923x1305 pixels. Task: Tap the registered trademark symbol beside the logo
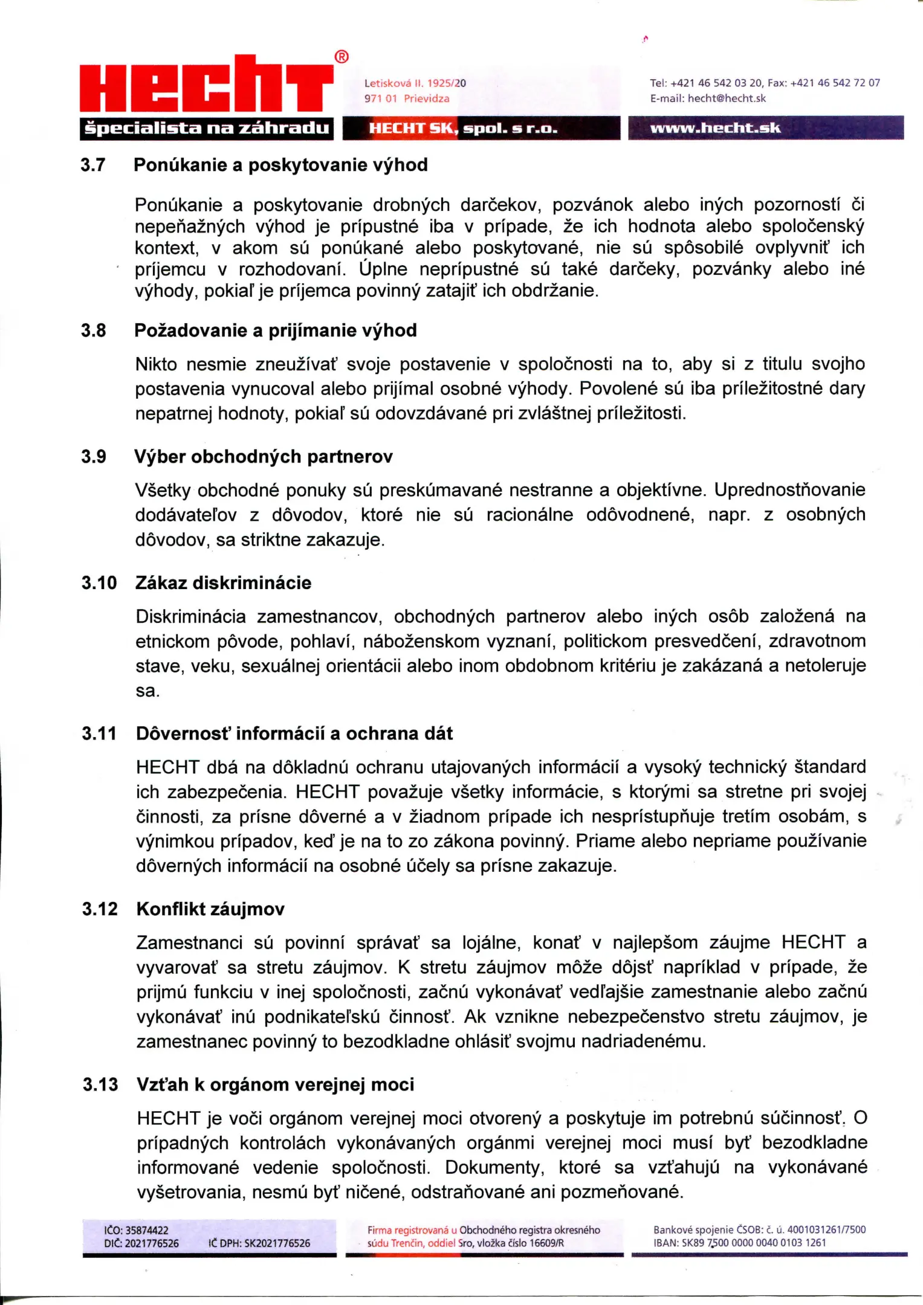(342, 57)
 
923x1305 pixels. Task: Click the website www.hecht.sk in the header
(715, 127)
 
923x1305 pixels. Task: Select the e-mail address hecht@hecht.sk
(727, 98)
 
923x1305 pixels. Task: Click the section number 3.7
(93, 165)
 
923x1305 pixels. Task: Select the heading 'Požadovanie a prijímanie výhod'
(275, 330)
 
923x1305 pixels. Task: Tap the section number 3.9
(94, 457)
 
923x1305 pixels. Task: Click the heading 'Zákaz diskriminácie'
(223, 583)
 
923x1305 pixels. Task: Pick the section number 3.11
(99, 733)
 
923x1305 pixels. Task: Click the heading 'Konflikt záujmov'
(210, 909)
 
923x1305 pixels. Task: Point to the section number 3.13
(100, 1084)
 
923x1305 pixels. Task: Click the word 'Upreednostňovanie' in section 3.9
(789, 490)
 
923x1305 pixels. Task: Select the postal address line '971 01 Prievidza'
(407, 98)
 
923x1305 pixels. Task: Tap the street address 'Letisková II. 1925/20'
(415, 83)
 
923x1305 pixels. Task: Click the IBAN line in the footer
(739, 1243)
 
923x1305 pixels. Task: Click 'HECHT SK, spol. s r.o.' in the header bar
(463, 128)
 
